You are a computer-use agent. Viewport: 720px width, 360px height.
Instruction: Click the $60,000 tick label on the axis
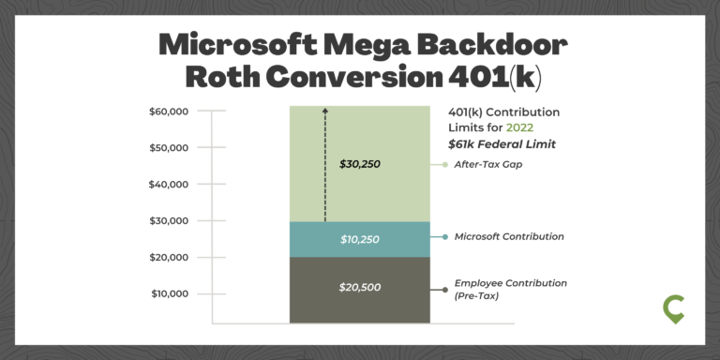click(169, 112)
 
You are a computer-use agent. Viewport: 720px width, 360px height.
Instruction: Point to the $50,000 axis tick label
click(169, 148)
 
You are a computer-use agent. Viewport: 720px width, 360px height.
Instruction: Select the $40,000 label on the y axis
click(169, 185)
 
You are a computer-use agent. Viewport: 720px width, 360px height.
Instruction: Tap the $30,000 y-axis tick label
click(169, 221)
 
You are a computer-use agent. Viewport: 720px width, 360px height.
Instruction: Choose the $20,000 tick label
click(169, 258)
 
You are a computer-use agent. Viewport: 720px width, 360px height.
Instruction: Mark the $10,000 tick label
click(169, 294)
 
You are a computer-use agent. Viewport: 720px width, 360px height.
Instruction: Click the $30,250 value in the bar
click(360, 164)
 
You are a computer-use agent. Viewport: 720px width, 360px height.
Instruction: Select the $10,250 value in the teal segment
click(360, 240)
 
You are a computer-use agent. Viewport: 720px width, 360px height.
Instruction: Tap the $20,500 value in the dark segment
click(360, 287)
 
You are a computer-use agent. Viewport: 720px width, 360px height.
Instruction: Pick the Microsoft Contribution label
click(509, 236)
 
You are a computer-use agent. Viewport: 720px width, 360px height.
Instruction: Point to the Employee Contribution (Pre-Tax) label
click(510, 289)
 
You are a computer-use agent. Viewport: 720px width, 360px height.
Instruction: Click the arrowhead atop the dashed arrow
click(325, 111)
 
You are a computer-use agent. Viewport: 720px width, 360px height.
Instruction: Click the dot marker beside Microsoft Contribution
click(444, 236)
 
